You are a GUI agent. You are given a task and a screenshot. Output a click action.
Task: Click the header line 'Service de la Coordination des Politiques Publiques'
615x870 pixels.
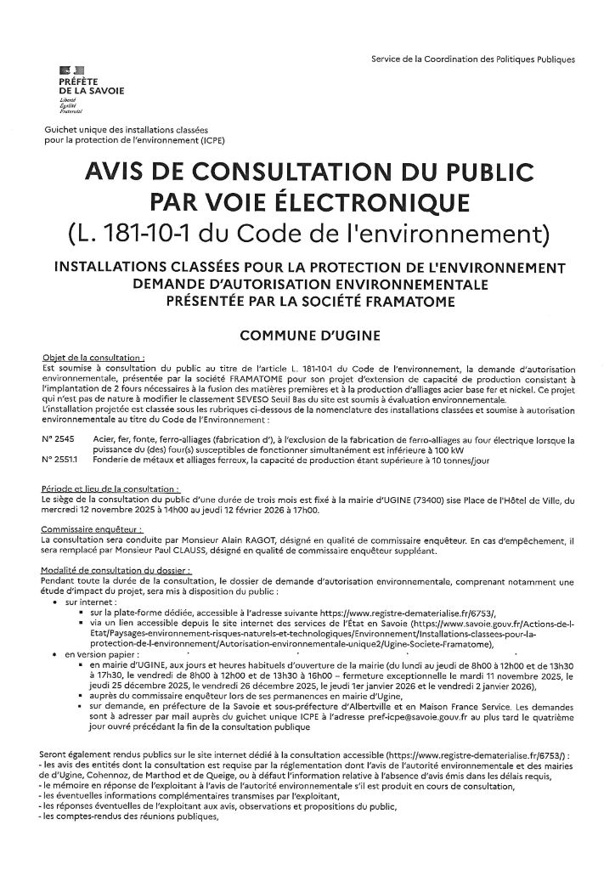473,59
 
